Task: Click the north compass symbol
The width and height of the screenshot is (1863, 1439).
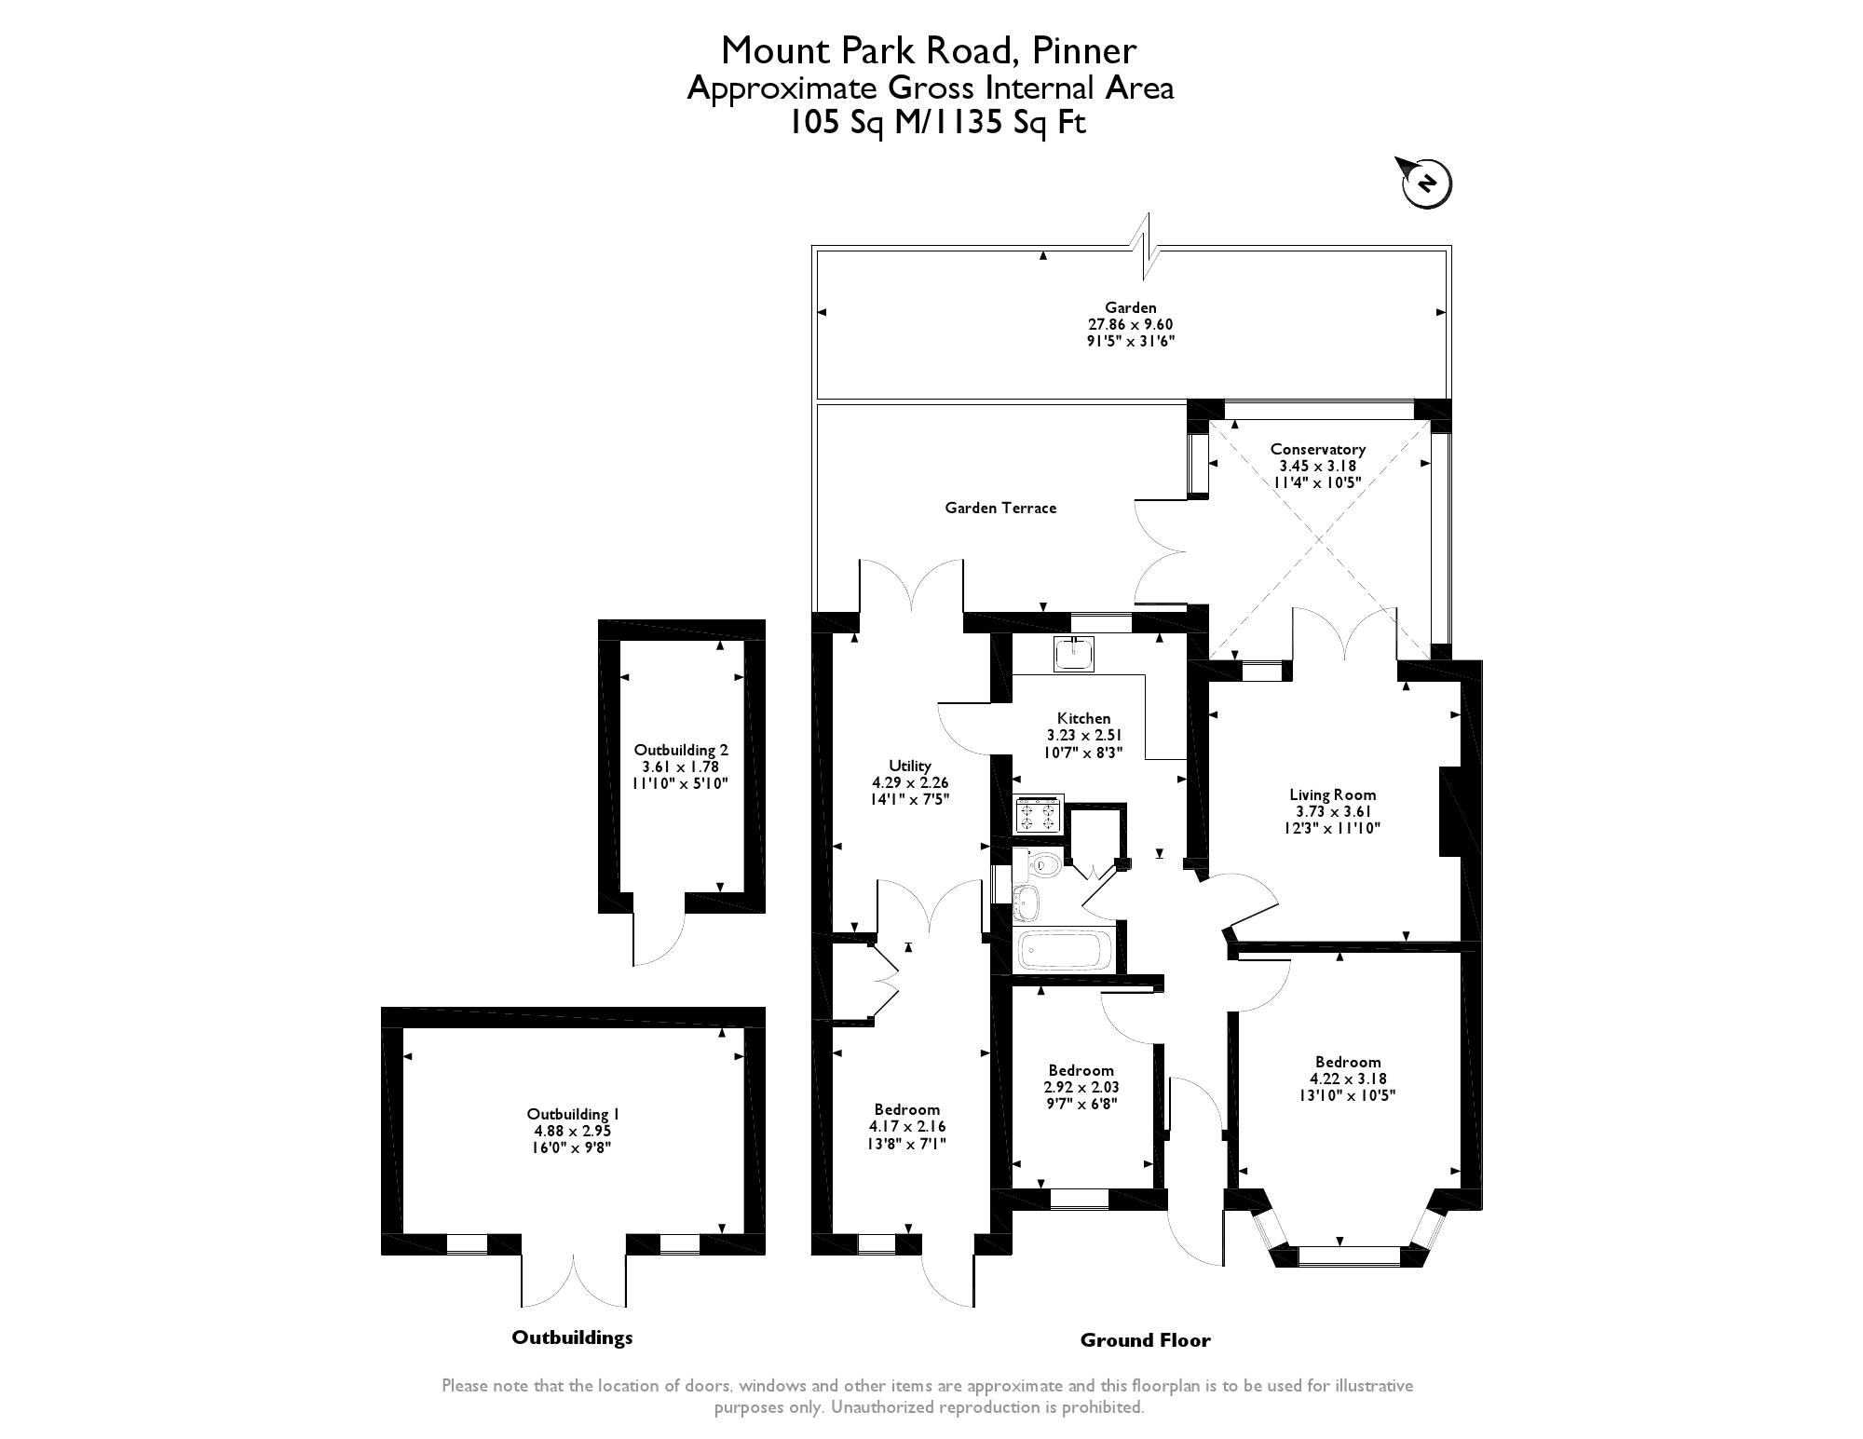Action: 1425,183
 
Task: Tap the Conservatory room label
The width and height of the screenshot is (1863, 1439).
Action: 1317,450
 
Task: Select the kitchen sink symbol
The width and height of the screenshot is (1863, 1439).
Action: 1075,654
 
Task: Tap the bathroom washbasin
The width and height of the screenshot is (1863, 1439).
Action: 1027,901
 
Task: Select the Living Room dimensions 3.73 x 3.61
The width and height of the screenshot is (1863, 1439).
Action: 1332,811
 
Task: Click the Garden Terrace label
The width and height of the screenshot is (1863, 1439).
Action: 1000,509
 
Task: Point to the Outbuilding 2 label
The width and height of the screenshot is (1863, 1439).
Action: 681,750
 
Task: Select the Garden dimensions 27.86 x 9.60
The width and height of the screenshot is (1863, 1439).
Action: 1131,324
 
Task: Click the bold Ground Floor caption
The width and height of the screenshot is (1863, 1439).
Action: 1145,1340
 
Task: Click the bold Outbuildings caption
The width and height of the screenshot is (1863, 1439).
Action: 572,1337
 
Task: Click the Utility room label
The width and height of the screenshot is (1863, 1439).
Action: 909,766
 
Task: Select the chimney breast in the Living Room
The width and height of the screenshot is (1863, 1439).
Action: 1449,810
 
